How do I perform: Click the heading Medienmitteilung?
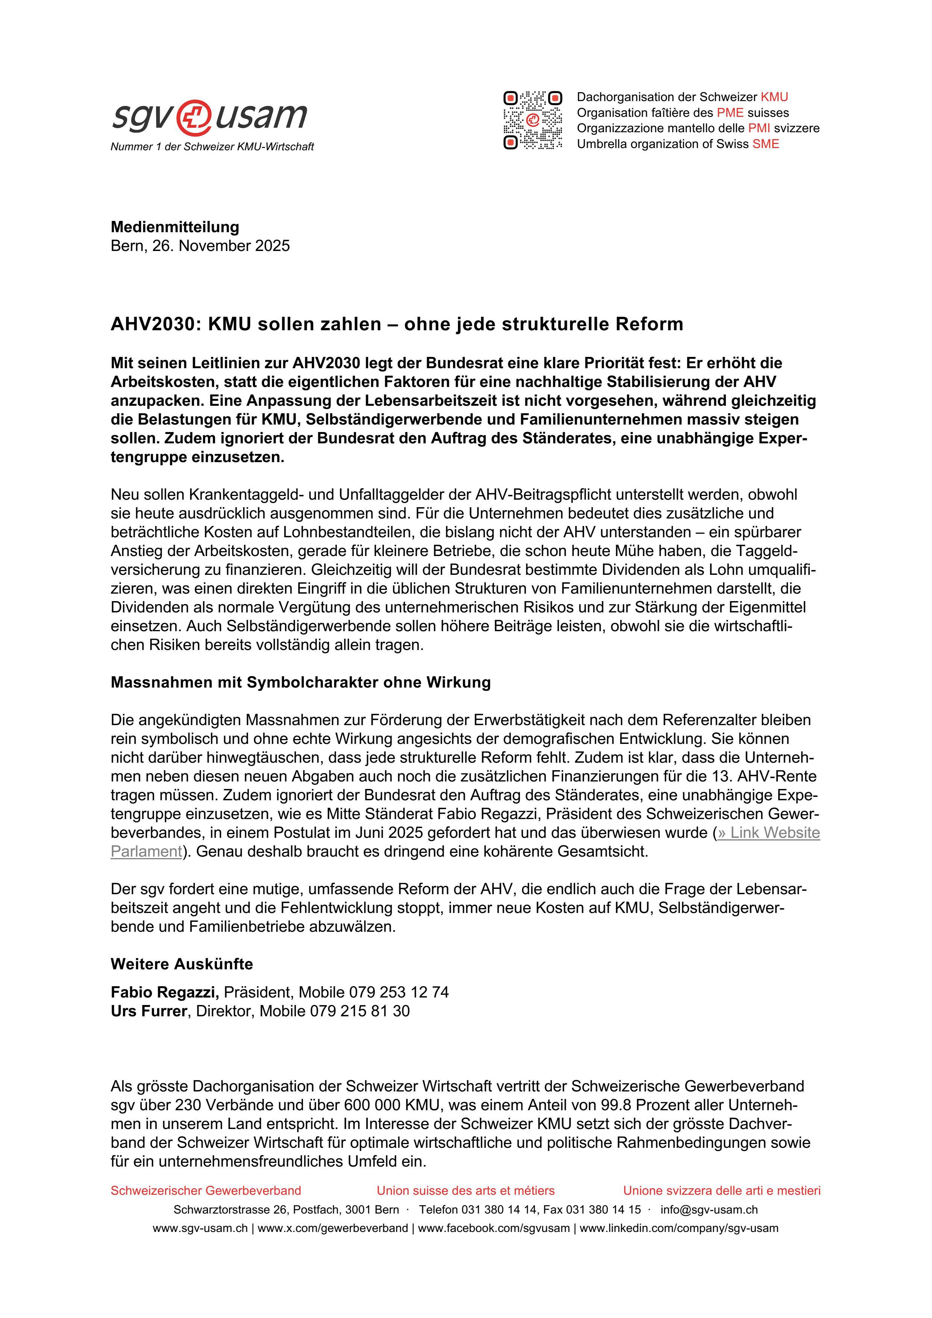tap(174, 227)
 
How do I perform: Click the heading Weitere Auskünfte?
tap(182, 964)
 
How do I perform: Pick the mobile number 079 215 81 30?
tap(359, 1011)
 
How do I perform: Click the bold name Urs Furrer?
tap(149, 1011)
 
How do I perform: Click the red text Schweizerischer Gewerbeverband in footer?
tap(206, 1191)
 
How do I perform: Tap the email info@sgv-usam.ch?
tap(709, 1209)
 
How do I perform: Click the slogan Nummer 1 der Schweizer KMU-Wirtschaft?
tap(212, 147)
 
